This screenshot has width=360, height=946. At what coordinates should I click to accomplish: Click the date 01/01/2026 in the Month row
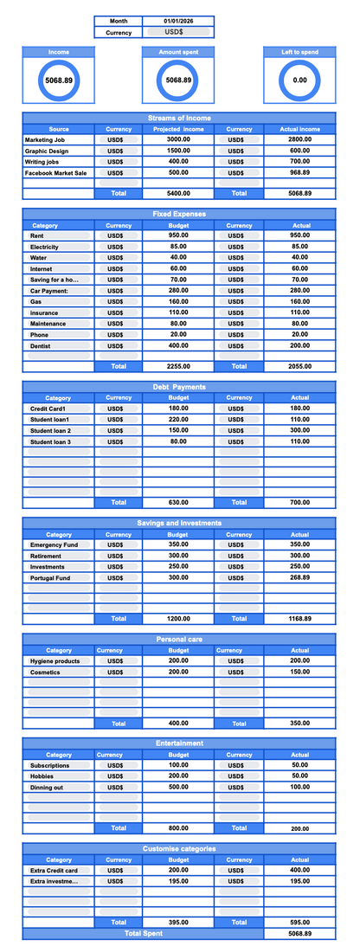[178, 21]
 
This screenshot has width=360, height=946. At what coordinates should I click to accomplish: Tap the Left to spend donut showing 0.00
[299, 80]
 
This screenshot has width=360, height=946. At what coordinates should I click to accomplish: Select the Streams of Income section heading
[178, 118]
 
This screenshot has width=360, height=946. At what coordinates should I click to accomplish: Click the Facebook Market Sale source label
[55, 173]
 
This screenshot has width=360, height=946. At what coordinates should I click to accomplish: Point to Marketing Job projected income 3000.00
[178, 139]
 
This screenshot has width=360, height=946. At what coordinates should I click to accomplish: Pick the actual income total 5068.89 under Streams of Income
[299, 193]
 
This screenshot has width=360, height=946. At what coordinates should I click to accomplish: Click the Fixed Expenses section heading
[178, 214]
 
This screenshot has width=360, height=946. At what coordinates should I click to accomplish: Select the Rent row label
[37, 235]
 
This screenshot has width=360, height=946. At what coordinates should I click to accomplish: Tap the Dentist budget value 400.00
[178, 345]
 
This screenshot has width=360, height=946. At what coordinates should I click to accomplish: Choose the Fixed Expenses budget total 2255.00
[178, 366]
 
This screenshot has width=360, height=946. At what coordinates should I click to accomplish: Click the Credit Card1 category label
[48, 409]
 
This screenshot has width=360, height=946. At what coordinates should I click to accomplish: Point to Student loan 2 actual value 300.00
[299, 430]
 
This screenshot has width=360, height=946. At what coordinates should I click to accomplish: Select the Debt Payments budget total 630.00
[178, 502]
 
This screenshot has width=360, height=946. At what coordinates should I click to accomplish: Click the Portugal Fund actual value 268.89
[299, 577]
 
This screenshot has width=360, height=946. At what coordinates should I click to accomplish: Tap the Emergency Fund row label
[54, 545]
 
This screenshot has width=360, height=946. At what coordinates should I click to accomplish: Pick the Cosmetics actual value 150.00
[299, 672]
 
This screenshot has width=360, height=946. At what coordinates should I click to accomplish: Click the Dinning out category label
[48, 787]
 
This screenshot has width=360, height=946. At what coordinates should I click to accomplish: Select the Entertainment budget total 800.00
[178, 828]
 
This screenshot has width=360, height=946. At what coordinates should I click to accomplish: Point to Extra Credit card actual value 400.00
[299, 870]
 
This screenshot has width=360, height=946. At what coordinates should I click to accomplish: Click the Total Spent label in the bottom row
[143, 934]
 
